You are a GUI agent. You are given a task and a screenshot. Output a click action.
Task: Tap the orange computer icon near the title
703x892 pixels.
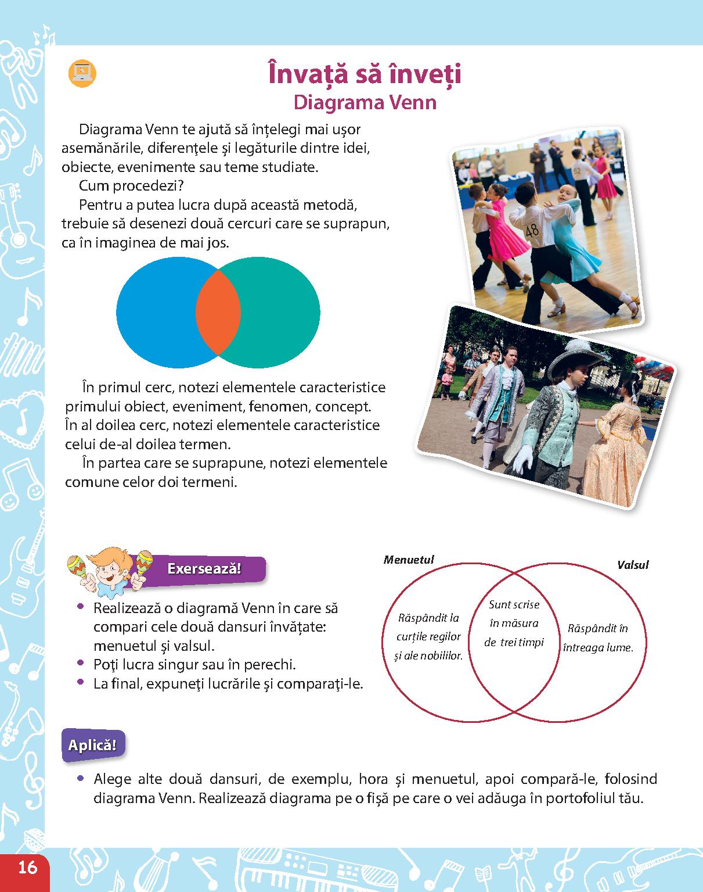coord(82,73)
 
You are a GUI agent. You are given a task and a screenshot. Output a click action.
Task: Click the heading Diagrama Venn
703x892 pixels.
coord(365,102)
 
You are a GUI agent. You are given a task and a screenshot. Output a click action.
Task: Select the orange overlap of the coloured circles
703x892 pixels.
coord(218,313)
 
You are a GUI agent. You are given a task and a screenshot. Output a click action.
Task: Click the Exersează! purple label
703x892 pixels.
coord(204,568)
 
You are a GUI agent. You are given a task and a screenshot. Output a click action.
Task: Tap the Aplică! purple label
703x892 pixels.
coord(92,745)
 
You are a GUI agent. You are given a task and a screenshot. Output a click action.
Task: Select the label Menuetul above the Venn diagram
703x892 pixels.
coord(409,560)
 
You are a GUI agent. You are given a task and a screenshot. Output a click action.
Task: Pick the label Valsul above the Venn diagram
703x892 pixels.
coord(633,564)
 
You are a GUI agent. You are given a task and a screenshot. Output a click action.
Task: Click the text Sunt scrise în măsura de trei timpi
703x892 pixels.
coord(514,624)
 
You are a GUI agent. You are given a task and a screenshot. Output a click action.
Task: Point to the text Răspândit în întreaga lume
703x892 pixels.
coord(597,638)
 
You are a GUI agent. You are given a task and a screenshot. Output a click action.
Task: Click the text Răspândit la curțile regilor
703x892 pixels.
coord(428,636)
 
